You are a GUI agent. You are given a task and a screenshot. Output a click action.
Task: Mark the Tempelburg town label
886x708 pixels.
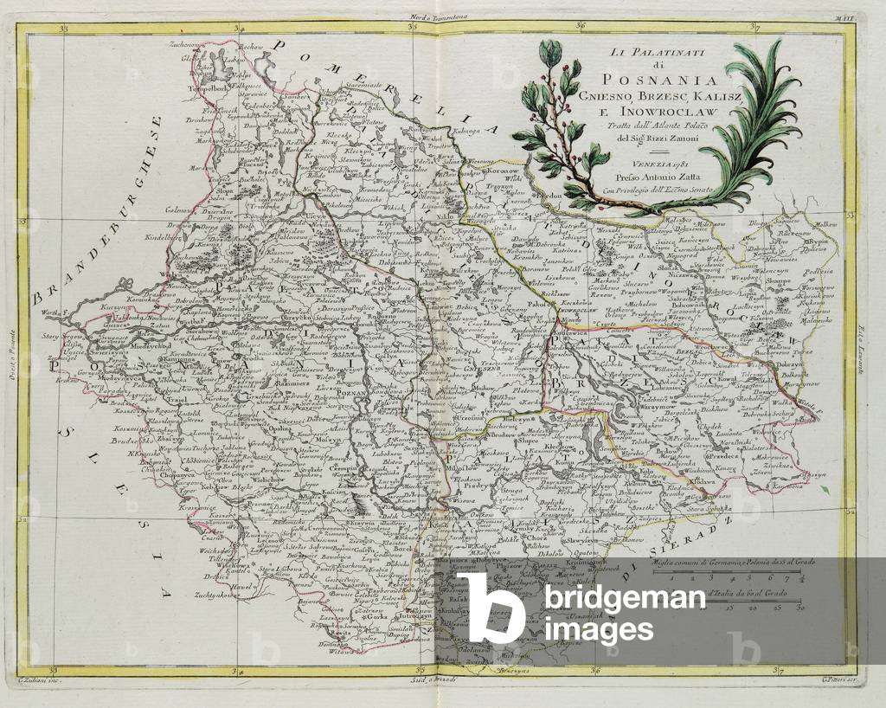pos(200,87)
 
